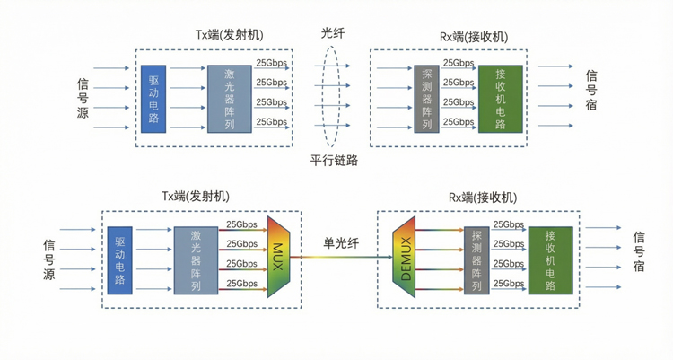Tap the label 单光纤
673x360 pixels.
(341, 241)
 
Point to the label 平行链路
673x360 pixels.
(334, 161)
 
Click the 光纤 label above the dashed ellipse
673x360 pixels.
(332, 32)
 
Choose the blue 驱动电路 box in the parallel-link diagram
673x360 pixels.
(153, 99)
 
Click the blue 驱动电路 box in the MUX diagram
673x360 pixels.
(119, 260)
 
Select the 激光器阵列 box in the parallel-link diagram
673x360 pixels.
(230, 99)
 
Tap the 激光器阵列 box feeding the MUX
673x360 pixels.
(197, 260)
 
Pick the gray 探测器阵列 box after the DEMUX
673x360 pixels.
(476, 260)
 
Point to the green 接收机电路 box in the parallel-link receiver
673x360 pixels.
(500, 98)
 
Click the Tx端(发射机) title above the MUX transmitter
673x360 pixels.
(196, 197)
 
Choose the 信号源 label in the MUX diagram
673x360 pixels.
(49, 259)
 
